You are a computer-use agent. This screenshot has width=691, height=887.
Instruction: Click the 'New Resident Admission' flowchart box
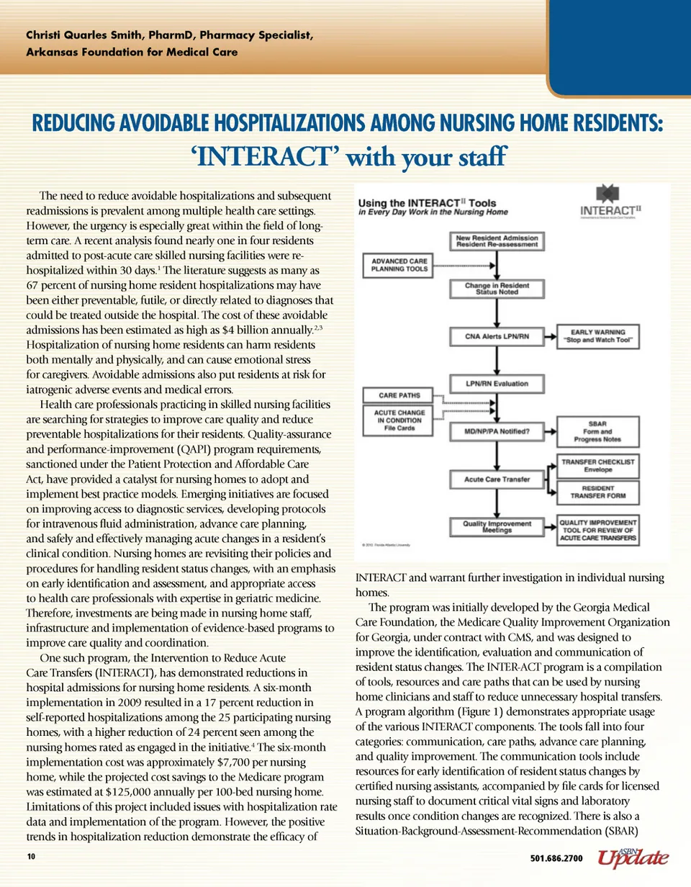pos(497,241)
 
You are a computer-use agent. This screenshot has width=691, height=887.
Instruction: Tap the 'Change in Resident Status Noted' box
pos(497,289)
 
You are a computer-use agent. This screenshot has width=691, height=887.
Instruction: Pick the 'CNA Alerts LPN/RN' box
pos(497,336)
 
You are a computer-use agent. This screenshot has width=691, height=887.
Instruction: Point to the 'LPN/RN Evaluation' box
pos(497,384)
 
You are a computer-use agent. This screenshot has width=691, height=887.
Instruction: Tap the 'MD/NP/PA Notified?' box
pos(497,431)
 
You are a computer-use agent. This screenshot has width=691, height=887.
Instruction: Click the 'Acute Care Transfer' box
pos(497,478)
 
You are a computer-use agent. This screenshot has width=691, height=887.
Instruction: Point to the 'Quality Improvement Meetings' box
pos(497,526)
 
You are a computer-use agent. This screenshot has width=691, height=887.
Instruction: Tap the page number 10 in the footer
pos(31,857)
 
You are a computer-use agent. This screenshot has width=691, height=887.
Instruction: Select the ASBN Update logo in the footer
pos(632,856)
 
